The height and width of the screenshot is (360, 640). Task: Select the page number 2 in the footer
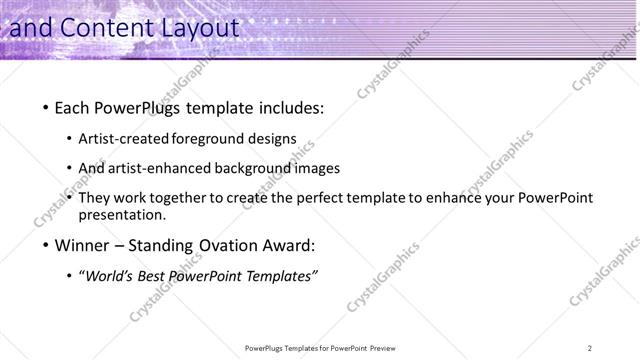(x=590, y=348)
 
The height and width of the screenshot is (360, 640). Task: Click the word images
(x=318, y=168)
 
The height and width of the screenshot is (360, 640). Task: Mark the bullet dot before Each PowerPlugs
(x=45, y=108)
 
